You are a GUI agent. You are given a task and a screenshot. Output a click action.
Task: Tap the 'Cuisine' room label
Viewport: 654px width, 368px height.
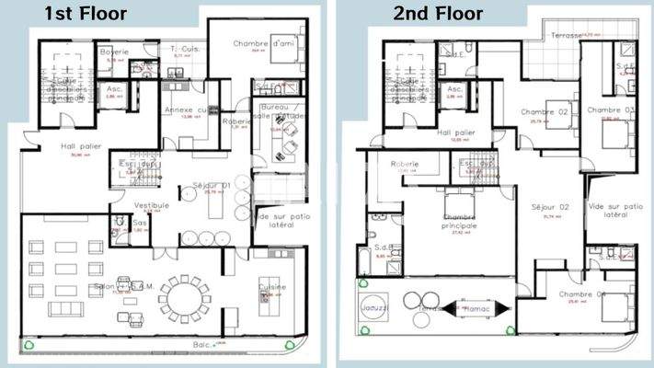pos(272,287)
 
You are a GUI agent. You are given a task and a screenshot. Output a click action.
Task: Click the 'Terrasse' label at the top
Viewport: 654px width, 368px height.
pos(567,36)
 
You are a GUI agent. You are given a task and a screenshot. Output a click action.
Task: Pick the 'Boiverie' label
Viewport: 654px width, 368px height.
pos(114,52)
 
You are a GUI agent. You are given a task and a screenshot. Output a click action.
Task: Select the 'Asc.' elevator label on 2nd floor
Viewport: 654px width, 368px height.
pos(453,89)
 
